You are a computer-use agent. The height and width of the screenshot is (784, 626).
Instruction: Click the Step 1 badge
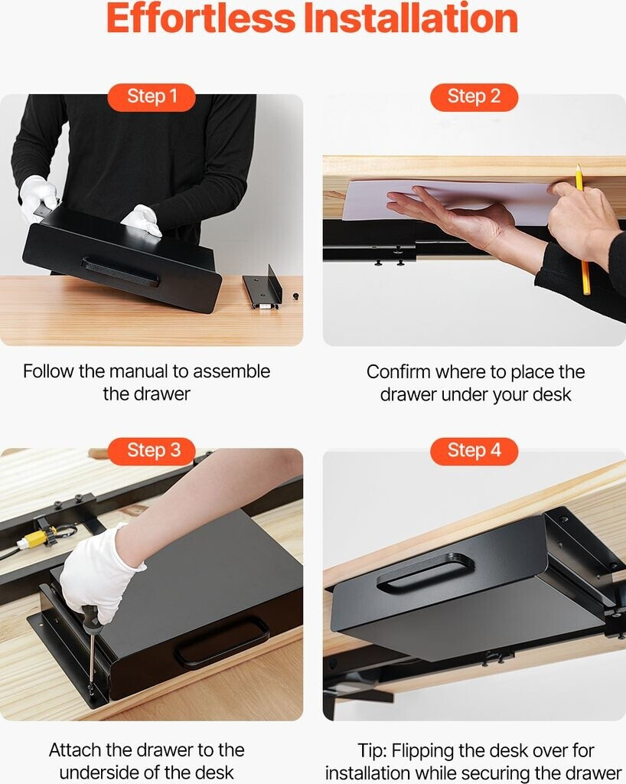(x=152, y=97)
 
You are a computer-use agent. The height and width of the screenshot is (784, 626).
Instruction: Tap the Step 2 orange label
(x=474, y=97)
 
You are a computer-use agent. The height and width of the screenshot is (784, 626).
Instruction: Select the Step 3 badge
(x=152, y=451)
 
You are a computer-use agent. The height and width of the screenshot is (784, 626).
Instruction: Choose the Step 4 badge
(x=474, y=451)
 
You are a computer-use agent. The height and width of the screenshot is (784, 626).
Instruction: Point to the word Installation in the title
(x=411, y=18)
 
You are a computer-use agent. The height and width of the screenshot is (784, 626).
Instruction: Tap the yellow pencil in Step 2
(x=582, y=229)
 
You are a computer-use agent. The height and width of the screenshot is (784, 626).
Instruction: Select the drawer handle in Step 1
(x=120, y=272)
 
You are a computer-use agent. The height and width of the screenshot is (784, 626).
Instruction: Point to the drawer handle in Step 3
(x=222, y=642)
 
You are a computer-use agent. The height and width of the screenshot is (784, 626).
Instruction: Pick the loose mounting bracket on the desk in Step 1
(x=263, y=289)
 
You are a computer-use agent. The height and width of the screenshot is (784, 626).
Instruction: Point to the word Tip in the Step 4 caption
(x=370, y=751)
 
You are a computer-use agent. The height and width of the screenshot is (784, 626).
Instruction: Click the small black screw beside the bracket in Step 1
(x=295, y=296)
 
